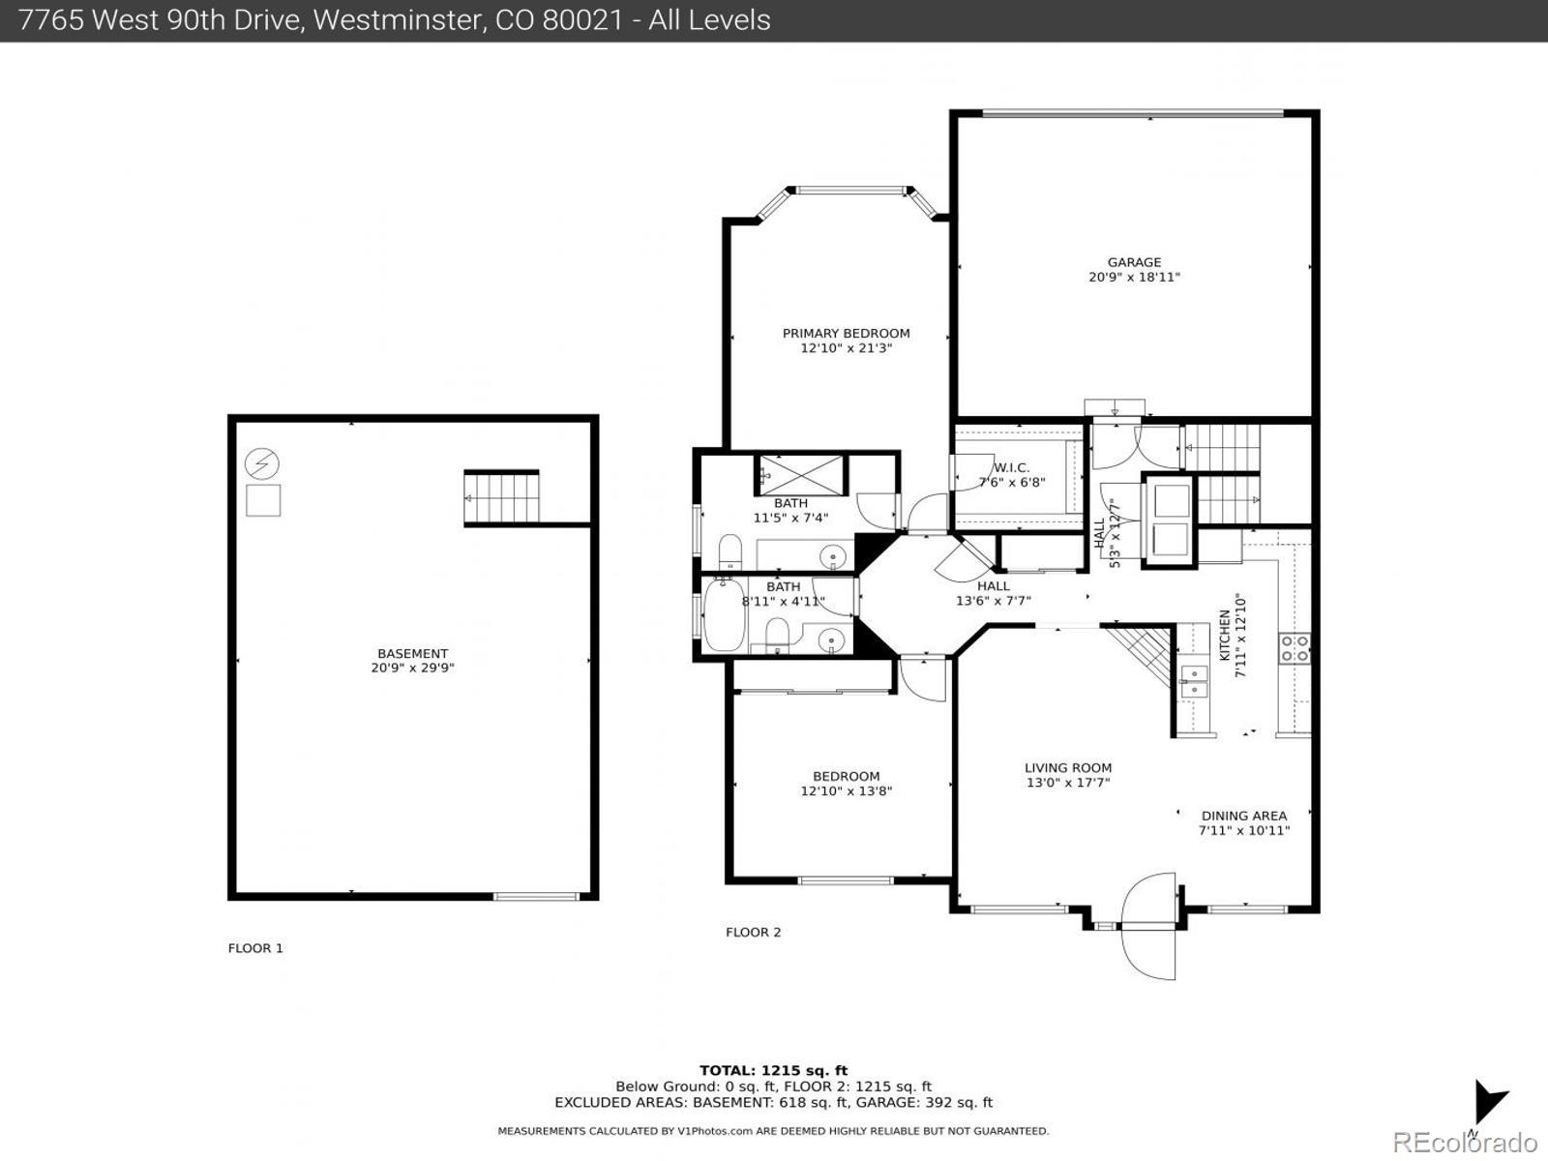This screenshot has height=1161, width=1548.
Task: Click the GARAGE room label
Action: pos(1134,262)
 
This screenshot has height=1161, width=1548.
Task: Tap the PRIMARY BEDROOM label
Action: pos(846,334)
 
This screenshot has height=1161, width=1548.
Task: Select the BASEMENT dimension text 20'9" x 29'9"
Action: pos(412,668)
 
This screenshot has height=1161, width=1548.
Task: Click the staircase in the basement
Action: pos(501,497)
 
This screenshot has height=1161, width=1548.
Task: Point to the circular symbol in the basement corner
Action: pos(261,465)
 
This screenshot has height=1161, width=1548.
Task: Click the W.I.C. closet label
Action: pos(1011,468)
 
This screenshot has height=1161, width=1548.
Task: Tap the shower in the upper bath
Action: pos(800,474)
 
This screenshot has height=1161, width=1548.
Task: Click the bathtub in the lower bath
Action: pos(723,614)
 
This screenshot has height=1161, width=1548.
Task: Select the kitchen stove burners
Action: pos(1295,647)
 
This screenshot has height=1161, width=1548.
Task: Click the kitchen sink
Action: pos(1194,681)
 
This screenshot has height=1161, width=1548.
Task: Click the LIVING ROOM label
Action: pos(1067,768)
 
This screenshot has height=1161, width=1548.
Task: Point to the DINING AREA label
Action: pos(1243,816)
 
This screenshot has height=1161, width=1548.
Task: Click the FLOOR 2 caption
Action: pos(753,933)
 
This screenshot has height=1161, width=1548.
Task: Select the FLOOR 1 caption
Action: pos(255,948)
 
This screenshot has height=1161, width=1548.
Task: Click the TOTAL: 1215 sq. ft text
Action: pos(773,1070)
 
